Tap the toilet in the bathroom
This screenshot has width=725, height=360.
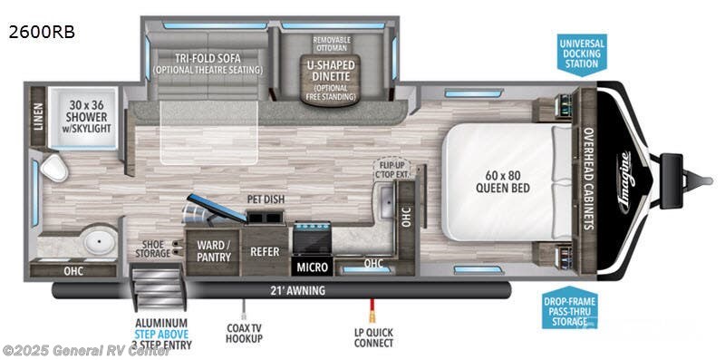coord(52,168)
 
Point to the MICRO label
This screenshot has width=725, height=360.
coord(311,267)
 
